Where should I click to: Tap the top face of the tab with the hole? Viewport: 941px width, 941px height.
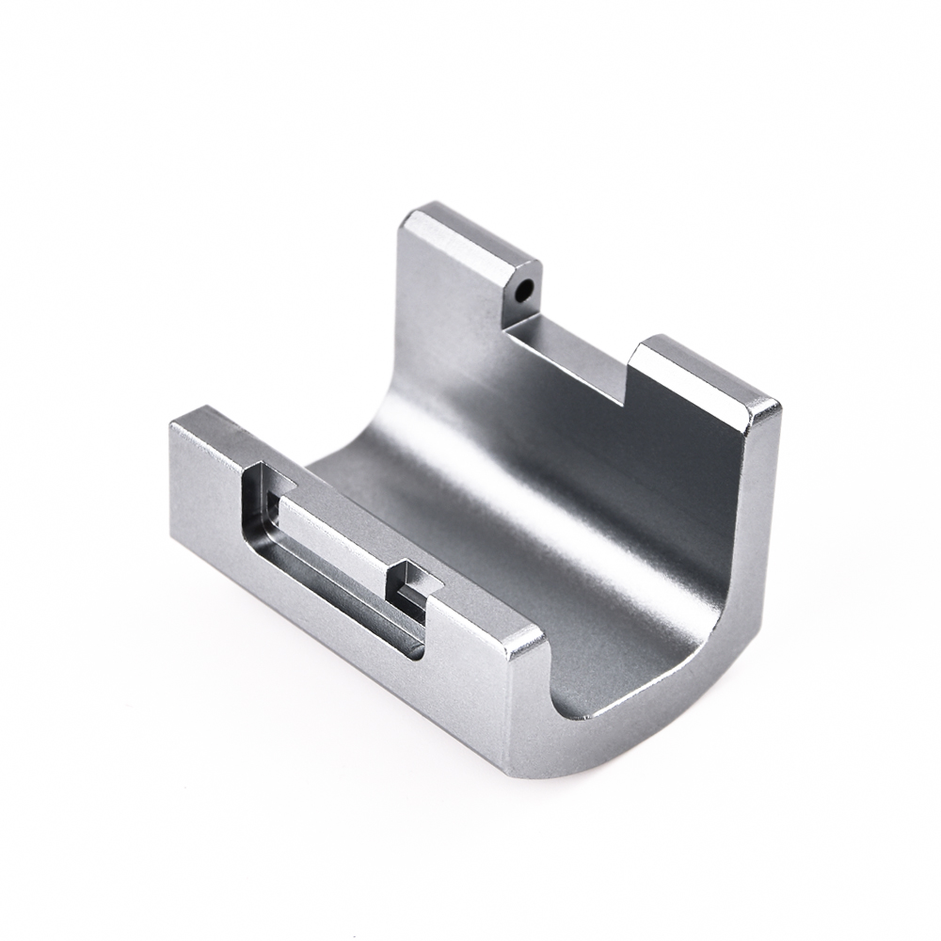coord(470,235)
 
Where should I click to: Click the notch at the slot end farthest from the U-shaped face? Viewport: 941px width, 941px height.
coord(263,489)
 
